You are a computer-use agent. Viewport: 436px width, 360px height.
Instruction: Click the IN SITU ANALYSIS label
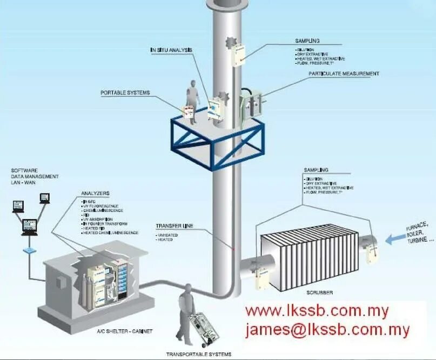[171, 50]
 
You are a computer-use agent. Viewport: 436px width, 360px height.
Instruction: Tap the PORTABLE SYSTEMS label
[125, 93]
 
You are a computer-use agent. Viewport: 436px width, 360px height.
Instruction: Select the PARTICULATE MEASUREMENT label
[344, 74]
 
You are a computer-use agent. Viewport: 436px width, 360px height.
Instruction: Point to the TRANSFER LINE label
[174, 225]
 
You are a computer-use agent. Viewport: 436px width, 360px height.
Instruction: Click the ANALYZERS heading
[95, 193]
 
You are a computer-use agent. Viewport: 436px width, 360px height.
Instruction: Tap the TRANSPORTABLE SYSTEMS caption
[198, 355]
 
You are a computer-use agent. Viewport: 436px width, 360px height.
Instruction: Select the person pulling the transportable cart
[185, 305]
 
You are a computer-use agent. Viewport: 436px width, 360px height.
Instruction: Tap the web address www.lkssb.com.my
[317, 311]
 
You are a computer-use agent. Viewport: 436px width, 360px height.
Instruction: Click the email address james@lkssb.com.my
[327, 330]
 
